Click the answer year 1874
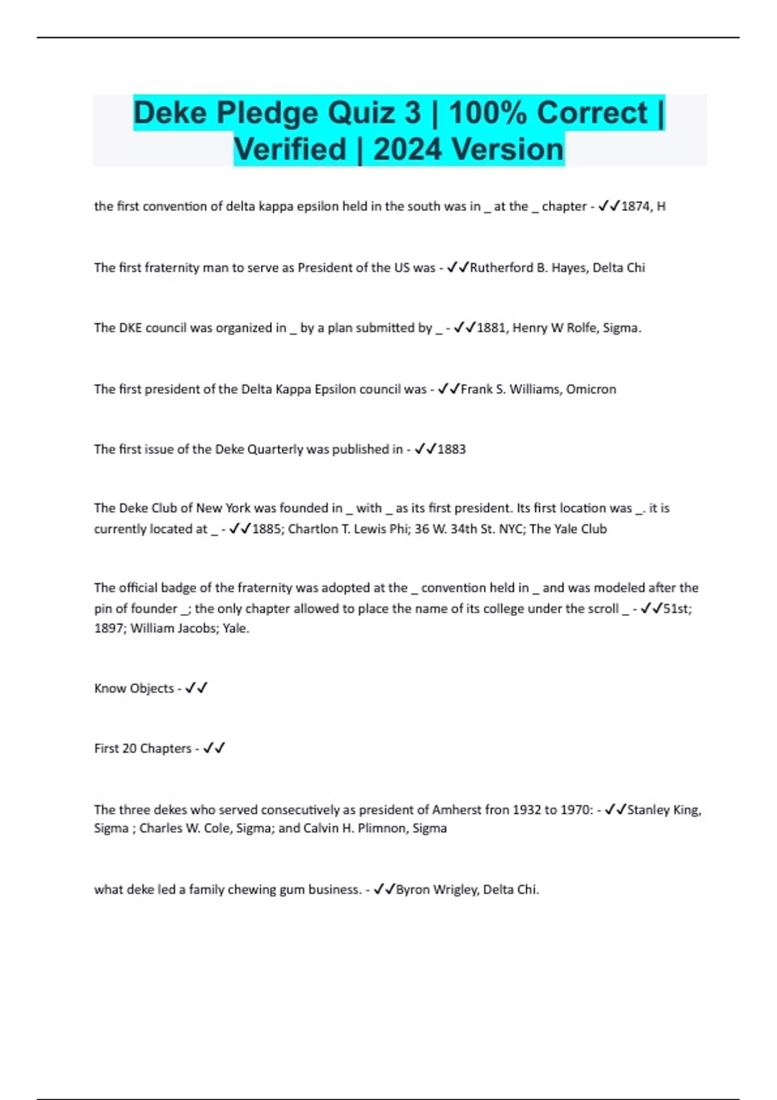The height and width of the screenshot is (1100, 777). (635, 206)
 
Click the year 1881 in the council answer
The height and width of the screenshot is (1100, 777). (491, 328)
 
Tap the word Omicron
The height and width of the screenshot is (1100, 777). (591, 390)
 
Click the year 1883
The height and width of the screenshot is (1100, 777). (451, 449)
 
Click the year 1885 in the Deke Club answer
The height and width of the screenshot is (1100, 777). (266, 529)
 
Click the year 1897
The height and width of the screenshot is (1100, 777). (109, 628)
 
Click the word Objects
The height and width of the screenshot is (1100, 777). (152, 688)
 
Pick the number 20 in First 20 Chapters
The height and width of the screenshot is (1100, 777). (129, 749)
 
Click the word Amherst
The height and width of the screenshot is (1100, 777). (457, 810)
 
